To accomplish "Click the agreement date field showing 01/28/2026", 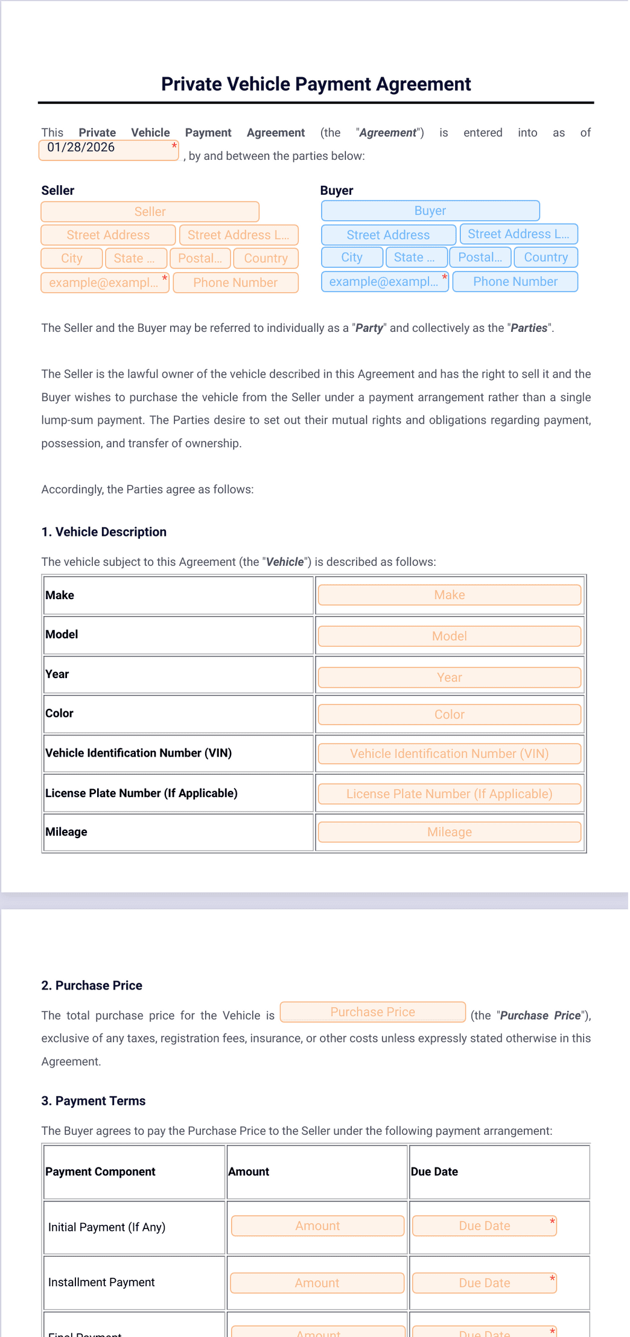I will point(109,150).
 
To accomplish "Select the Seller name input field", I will point(150,212).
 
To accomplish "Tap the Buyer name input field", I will point(430,211).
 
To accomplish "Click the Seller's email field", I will point(104,282).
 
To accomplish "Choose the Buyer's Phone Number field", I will point(515,282).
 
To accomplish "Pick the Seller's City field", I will point(71,258).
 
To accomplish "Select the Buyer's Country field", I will point(546,257).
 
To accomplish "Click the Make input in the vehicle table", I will point(449,595).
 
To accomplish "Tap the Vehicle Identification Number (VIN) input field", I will point(449,754).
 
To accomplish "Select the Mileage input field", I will point(449,832).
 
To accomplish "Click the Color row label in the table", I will point(59,713).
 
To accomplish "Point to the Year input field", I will point(449,678).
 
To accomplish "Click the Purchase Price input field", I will point(372,1012).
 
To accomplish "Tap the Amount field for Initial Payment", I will point(317,1226).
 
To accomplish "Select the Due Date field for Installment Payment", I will point(484,1283).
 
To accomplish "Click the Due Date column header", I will point(434,1172).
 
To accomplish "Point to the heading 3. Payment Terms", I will point(93,1101).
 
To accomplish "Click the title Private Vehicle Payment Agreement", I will point(316,84).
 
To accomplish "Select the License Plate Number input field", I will point(449,794).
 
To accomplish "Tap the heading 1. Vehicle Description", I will point(104,532).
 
